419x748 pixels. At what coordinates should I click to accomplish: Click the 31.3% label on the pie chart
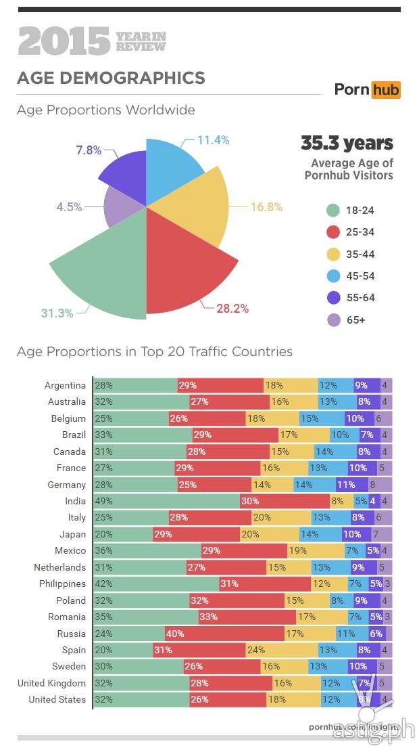click(x=56, y=312)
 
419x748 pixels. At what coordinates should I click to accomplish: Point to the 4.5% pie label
click(x=69, y=207)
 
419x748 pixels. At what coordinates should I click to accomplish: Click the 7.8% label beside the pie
click(x=89, y=150)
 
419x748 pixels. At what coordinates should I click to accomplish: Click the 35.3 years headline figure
click(x=347, y=144)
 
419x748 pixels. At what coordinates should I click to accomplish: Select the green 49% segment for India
click(x=166, y=501)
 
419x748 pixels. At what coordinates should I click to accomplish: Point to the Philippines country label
click(x=63, y=584)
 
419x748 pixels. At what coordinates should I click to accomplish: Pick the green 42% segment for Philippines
click(x=156, y=584)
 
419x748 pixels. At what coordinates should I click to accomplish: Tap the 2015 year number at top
click(x=64, y=41)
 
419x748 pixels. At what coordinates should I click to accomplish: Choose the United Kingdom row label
click(x=52, y=683)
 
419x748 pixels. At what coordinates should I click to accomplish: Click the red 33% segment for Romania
click(x=247, y=617)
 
